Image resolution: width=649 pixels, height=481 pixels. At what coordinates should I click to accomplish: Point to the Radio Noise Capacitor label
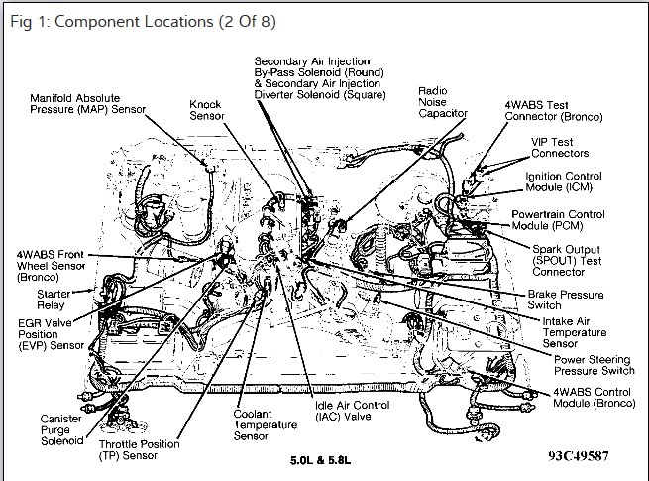tap(440, 103)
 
